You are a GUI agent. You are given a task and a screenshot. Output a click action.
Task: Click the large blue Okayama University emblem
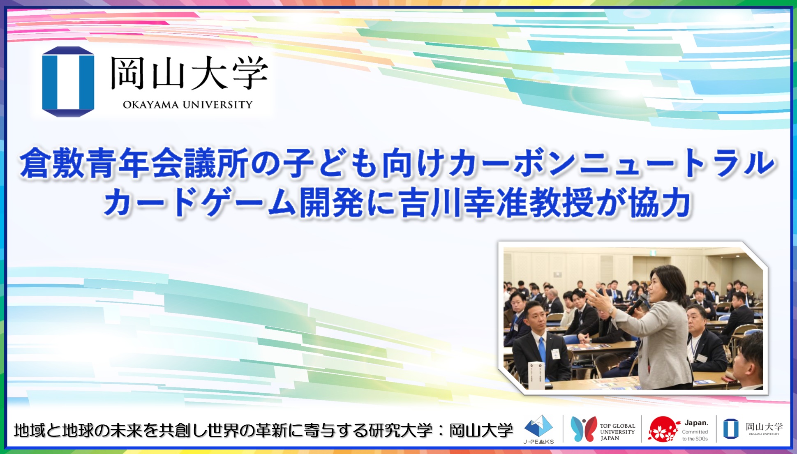(x=68, y=81)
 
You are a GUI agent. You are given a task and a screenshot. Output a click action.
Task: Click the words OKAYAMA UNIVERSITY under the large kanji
(x=187, y=105)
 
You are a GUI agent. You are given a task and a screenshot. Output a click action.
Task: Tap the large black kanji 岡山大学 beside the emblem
(x=189, y=73)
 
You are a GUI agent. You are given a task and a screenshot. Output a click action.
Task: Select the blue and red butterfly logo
(x=584, y=429)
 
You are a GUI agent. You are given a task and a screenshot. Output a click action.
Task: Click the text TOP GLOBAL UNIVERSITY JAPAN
(x=617, y=432)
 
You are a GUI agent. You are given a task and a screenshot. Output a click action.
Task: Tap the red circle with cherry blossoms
(x=662, y=429)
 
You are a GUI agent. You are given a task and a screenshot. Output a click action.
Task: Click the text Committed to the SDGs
(x=695, y=435)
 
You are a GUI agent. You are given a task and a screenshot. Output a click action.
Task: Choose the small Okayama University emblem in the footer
(x=730, y=429)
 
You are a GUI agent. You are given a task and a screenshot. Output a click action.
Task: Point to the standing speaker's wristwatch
(x=612, y=311)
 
